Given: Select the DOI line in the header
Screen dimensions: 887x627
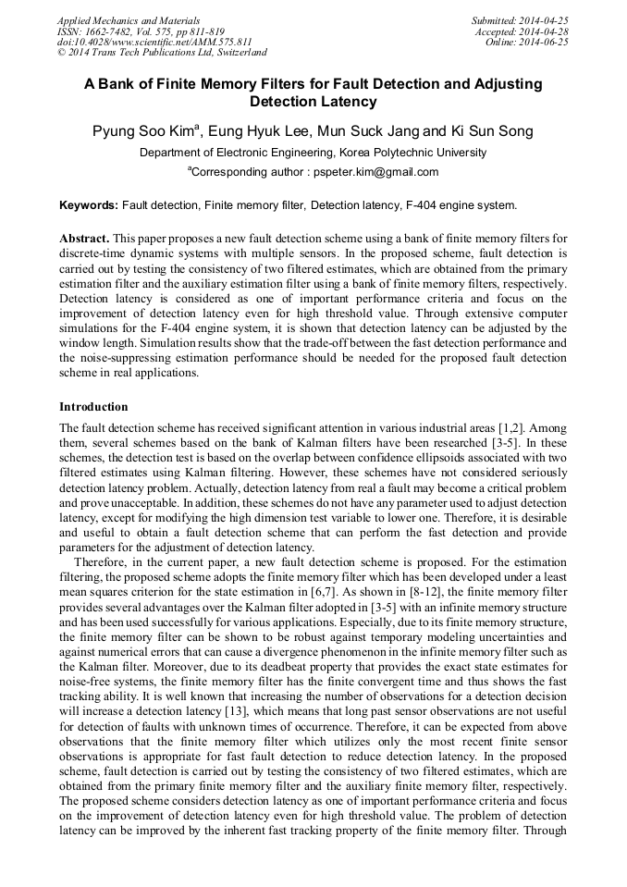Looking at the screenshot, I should tap(154, 42).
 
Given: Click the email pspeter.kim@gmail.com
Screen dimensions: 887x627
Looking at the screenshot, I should tap(363, 172).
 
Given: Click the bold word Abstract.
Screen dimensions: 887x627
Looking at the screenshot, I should tap(86, 238).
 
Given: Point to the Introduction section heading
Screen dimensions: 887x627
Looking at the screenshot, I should tap(93, 406).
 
